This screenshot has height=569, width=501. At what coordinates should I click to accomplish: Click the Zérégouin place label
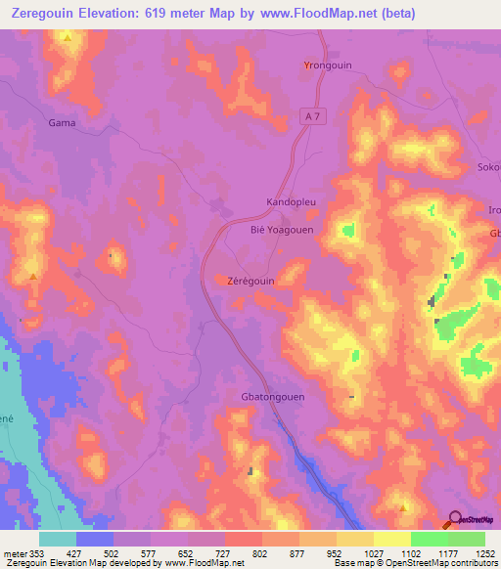(250, 280)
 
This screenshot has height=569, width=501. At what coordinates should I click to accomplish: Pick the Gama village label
(62, 123)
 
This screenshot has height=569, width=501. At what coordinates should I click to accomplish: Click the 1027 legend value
(374, 552)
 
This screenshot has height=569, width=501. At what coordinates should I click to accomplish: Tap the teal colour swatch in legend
(58, 539)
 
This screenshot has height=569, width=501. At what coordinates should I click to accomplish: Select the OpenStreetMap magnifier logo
(454, 520)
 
